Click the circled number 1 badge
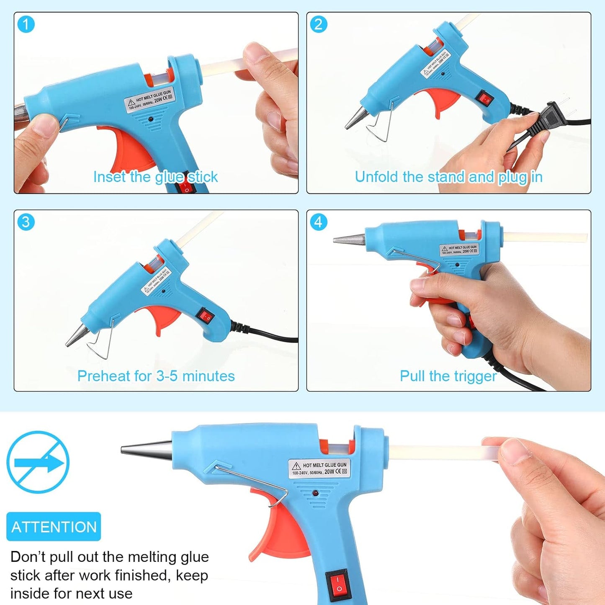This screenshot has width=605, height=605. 26,24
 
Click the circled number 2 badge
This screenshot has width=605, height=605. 318,24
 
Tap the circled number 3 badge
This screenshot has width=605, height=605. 26,222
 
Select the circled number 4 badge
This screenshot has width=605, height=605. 318,222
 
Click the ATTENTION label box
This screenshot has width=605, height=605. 54,527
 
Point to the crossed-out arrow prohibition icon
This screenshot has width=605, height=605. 38,462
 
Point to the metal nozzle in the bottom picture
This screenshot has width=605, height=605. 147,450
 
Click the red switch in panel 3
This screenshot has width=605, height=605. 205,316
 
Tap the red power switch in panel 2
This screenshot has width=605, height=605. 485,99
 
